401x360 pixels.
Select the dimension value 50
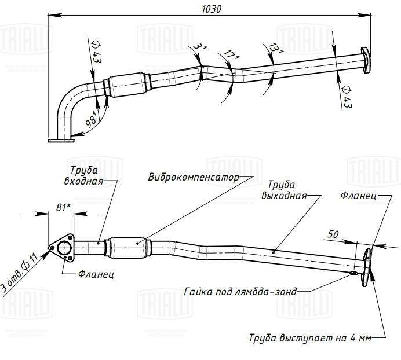(x=333, y=234)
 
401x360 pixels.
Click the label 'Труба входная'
(x=84, y=175)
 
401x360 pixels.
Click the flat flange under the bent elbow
(x=61, y=139)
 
